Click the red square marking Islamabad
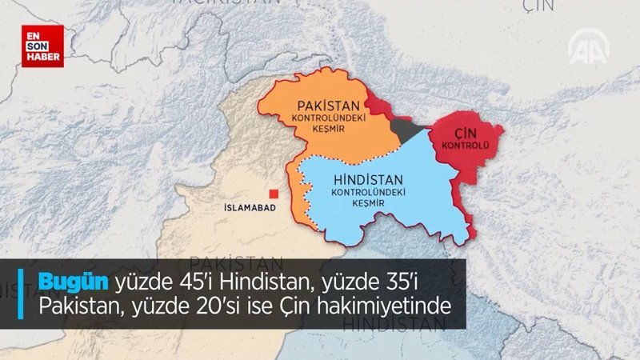[274, 192]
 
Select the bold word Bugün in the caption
[75, 280]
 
